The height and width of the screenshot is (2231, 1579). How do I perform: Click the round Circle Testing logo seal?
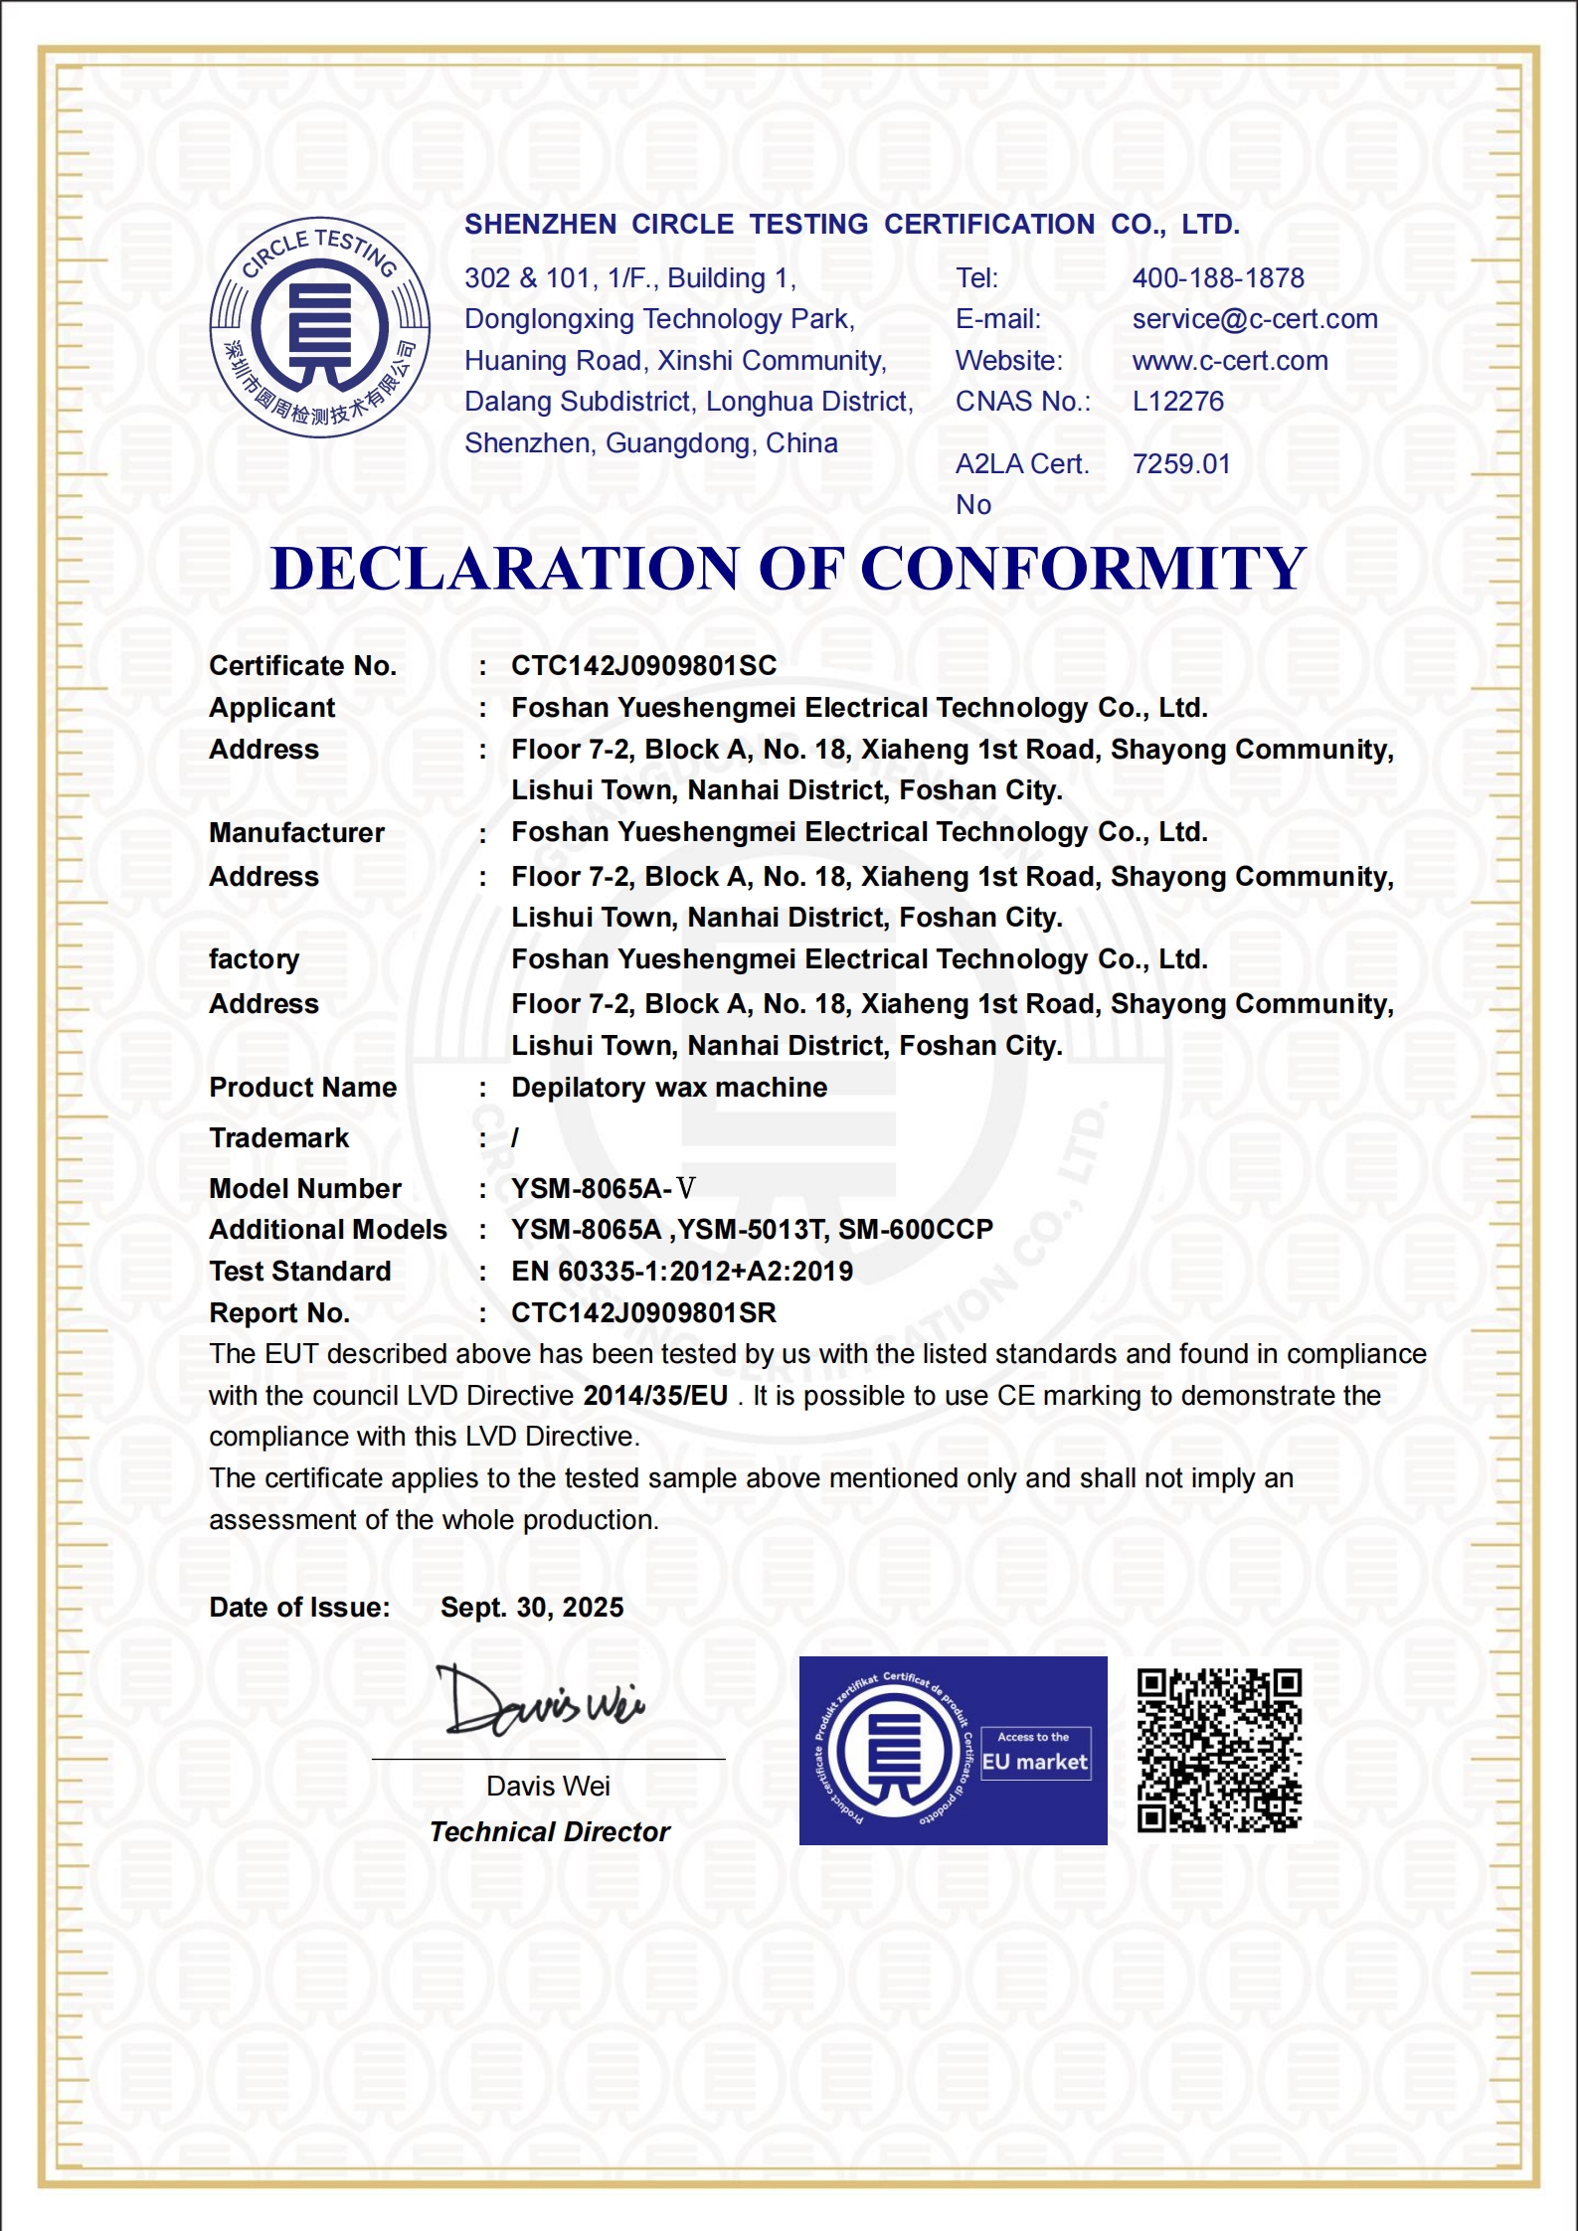click(x=319, y=327)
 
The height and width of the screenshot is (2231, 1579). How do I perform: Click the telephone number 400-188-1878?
click(x=1217, y=278)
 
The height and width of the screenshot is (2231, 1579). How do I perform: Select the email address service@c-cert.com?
click(x=1254, y=319)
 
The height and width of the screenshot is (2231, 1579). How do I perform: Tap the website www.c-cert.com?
click(x=1229, y=361)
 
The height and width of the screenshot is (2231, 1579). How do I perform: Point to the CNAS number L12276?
click(x=1177, y=402)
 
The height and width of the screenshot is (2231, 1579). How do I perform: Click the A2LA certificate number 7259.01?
click(x=1180, y=464)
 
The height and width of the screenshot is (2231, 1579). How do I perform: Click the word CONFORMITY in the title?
click(x=1082, y=569)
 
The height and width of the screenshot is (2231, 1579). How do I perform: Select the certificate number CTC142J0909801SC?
click(x=643, y=666)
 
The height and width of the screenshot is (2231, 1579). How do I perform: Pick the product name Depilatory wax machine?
click(x=668, y=1088)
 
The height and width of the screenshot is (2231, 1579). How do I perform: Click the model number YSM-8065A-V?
click(x=603, y=1188)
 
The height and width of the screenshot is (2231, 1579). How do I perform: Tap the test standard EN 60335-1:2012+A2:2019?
click(x=681, y=1272)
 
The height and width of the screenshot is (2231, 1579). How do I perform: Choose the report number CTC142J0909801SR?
click(x=642, y=1313)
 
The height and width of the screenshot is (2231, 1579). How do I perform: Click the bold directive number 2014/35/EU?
click(x=655, y=1396)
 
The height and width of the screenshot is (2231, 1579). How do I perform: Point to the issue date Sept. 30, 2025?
click(x=532, y=1608)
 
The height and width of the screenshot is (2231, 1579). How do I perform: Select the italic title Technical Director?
click(x=550, y=1832)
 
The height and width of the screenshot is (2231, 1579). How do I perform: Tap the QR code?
click(x=1219, y=1750)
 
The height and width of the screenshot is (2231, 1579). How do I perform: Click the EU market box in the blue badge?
click(x=1034, y=1755)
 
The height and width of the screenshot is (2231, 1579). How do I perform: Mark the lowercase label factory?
click(x=254, y=959)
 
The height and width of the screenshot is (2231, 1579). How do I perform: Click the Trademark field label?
click(x=278, y=1138)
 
